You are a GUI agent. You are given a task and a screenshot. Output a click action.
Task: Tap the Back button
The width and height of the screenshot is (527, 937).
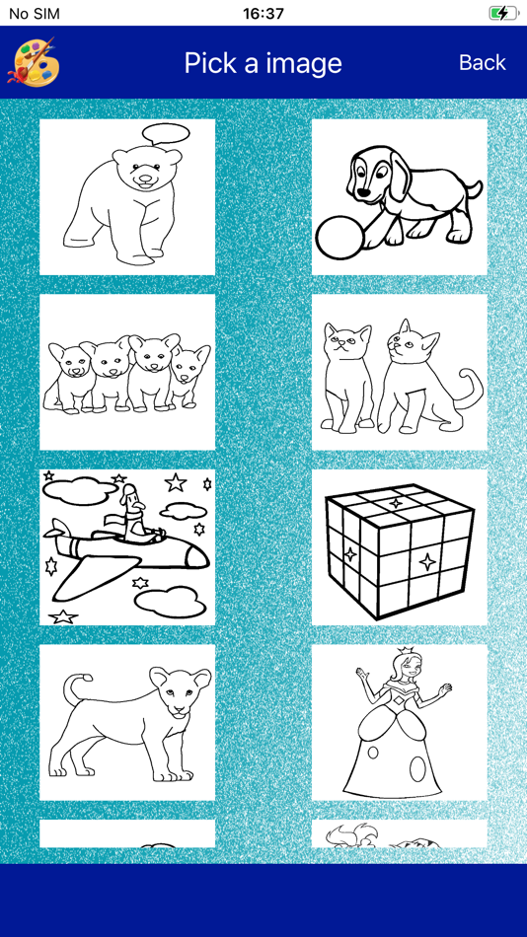pyautogui.click(x=483, y=62)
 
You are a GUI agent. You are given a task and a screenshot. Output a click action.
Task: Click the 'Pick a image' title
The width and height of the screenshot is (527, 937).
pyautogui.click(x=263, y=63)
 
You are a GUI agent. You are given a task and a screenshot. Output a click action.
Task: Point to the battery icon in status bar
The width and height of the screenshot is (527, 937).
pyautogui.click(x=503, y=13)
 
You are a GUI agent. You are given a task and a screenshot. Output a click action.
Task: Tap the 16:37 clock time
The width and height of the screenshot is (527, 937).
pyautogui.click(x=263, y=13)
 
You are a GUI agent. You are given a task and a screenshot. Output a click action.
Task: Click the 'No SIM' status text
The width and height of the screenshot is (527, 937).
pyautogui.click(x=35, y=13)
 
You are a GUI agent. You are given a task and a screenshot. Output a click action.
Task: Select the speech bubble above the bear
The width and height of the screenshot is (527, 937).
pyautogui.click(x=166, y=134)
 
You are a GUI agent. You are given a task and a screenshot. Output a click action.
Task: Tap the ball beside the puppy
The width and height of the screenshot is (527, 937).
pyautogui.click(x=339, y=238)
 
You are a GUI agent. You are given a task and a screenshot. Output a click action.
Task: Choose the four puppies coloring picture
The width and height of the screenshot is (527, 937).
pyautogui.click(x=127, y=372)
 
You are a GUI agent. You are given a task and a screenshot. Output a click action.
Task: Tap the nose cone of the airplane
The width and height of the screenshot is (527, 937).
pyautogui.click(x=196, y=558)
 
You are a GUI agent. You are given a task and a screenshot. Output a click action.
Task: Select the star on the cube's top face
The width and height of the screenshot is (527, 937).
pyautogui.click(x=396, y=503)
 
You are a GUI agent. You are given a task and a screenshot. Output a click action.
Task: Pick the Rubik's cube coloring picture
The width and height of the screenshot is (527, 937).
pyautogui.click(x=400, y=547)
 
